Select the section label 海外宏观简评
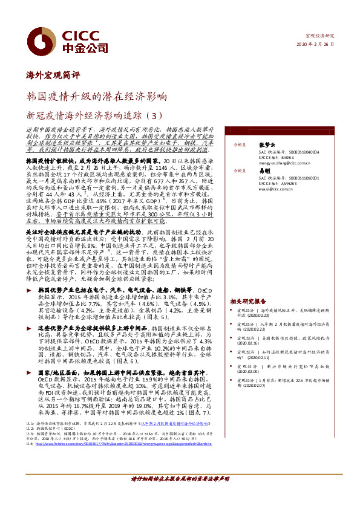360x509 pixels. [54, 76]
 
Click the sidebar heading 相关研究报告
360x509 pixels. [248, 300]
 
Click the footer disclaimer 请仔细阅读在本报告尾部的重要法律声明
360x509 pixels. [180, 495]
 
